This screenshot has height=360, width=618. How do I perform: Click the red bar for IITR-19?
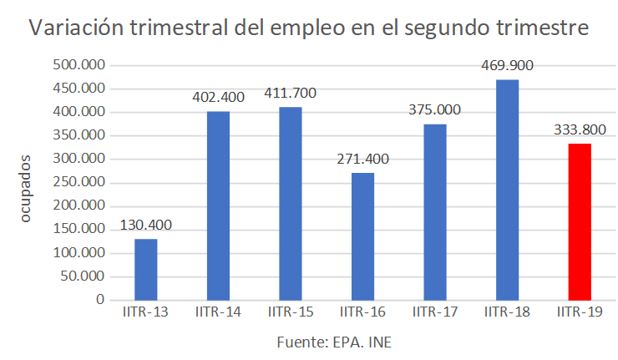click(580, 221)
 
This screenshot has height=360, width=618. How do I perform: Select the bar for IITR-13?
click(146, 269)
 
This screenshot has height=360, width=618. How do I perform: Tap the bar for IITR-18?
click(507, 189)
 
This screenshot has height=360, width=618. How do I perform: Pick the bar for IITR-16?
click(362, 236)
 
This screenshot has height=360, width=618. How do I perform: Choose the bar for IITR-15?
click(291, 203)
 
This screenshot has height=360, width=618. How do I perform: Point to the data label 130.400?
click(146, 226)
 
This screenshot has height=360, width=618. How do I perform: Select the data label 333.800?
click(580, 129)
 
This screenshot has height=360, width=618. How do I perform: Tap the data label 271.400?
click(362, 159)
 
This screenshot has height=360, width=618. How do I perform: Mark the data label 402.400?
click(218, 97)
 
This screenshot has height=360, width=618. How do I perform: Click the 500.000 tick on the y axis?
click(78, 65)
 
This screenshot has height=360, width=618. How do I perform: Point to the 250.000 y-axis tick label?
click(78, 182)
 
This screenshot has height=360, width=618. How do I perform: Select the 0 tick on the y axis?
click(99, 299)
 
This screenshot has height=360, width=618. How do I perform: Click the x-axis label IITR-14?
click(218, 312)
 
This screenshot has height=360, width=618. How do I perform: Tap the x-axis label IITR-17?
click(434, 312)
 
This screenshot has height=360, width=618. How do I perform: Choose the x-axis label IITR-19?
click(580, 312)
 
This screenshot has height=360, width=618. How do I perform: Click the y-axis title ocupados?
click(25, 188)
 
